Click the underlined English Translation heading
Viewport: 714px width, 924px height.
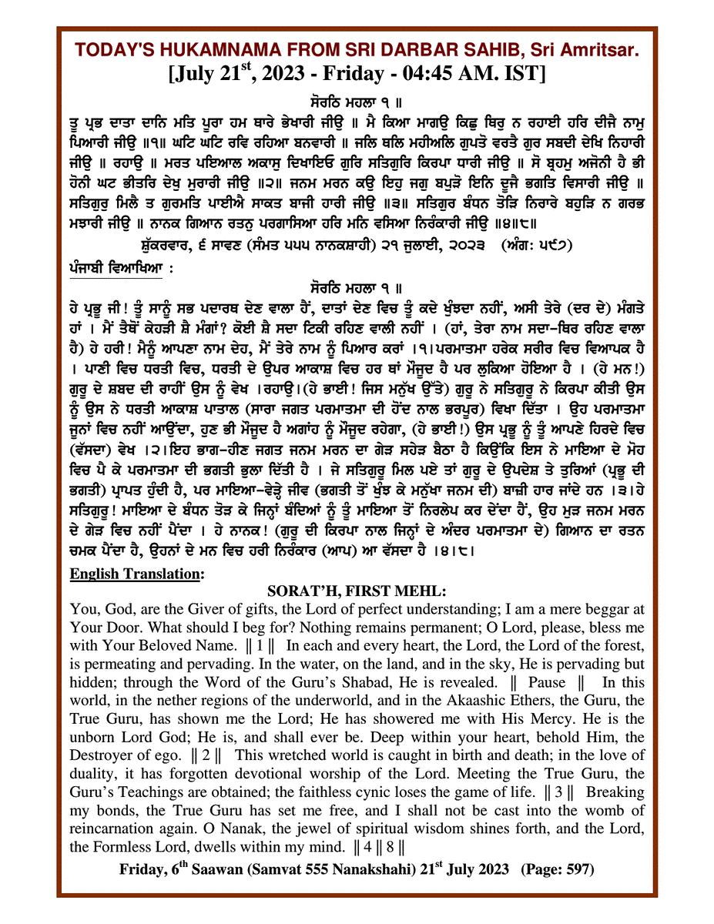tap(137, 574)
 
